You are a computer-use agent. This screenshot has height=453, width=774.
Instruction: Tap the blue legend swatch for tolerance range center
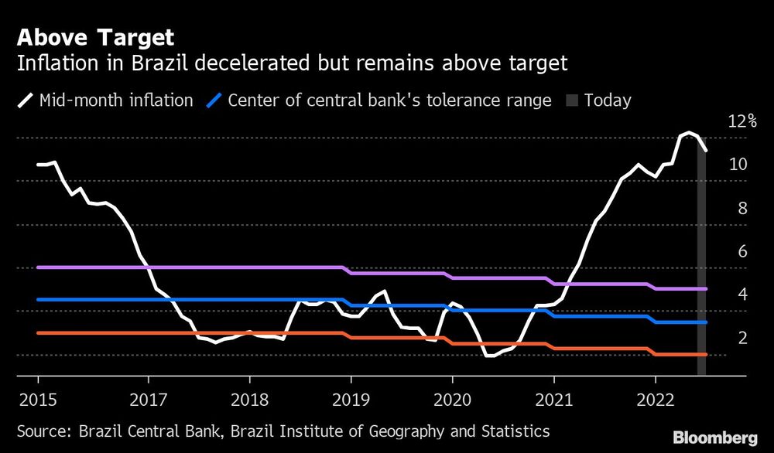[214, 100]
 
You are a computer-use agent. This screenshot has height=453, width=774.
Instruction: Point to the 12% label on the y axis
[742, 121]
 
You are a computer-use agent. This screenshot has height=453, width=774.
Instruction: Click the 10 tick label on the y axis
[737, 165]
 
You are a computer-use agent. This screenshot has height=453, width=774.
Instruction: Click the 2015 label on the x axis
[39, 399]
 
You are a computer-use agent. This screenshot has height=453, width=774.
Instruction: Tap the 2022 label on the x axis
[656, 399]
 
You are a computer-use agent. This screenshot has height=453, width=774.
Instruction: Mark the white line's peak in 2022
[687, 133]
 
